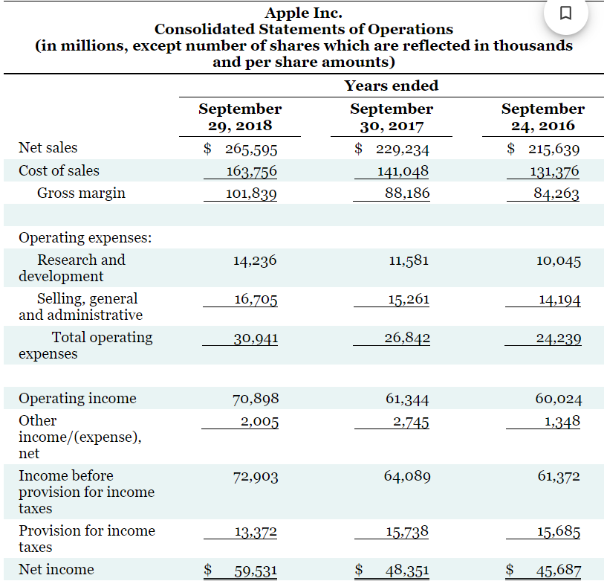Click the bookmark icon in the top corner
(x=565, y=14)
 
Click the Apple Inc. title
(x=304, y=13)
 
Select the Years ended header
(x=392, y=86)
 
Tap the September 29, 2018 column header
(x=240, y=117)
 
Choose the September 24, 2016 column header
(x=542, y=117)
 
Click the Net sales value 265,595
(x=251, y=148)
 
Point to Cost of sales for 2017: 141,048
(x=403, y=171)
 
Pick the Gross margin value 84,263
(x=556, y=194)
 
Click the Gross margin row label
(x=81, y=193)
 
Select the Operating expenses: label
(x=85, y=238)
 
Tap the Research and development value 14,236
(x=255, y=260)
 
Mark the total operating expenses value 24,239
(x=559, y=338)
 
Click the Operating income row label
(x=77, y=398)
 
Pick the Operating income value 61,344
(x=407, y=399)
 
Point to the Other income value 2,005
(x=259, y=422)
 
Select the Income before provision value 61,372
(x=559, y=476)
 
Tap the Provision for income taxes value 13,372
(x=255, y=531)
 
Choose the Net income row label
(x=56, y=570)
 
